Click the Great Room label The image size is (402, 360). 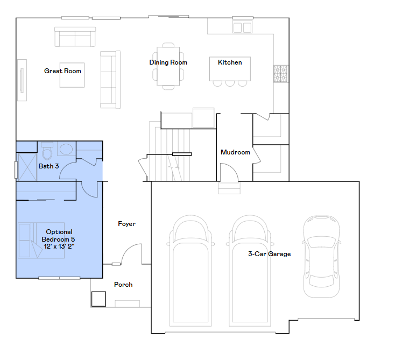coord(62,70)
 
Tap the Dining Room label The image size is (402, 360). coord(168,62)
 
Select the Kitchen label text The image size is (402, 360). coord(230,62)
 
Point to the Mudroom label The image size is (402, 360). coord(235,152)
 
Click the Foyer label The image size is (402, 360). coord(126,224)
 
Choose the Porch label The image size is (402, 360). coord(123,285)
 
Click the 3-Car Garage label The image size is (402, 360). coord(269,254)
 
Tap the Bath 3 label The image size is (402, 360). coord(48,166)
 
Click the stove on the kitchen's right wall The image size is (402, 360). coord(280,74)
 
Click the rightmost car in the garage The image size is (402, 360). coord(321,256)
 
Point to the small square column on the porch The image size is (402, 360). coord(98,299)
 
